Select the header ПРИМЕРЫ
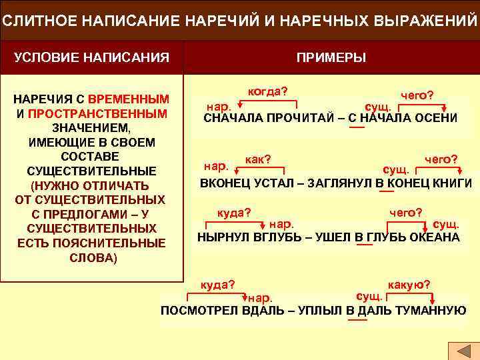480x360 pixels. point(331,57)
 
